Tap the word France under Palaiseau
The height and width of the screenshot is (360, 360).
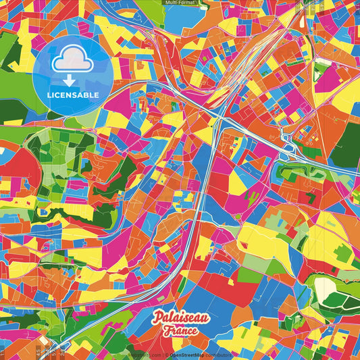[x=180, y=331]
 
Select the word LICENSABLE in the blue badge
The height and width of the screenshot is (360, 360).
[x=74, y=94]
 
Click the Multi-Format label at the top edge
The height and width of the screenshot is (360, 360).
[x=180, y=3]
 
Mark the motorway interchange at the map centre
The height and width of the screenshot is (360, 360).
[x=217, y=122]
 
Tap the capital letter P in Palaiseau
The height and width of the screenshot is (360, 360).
[x=157, y=317]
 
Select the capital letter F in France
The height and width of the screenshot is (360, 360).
[x=166, y=331]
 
